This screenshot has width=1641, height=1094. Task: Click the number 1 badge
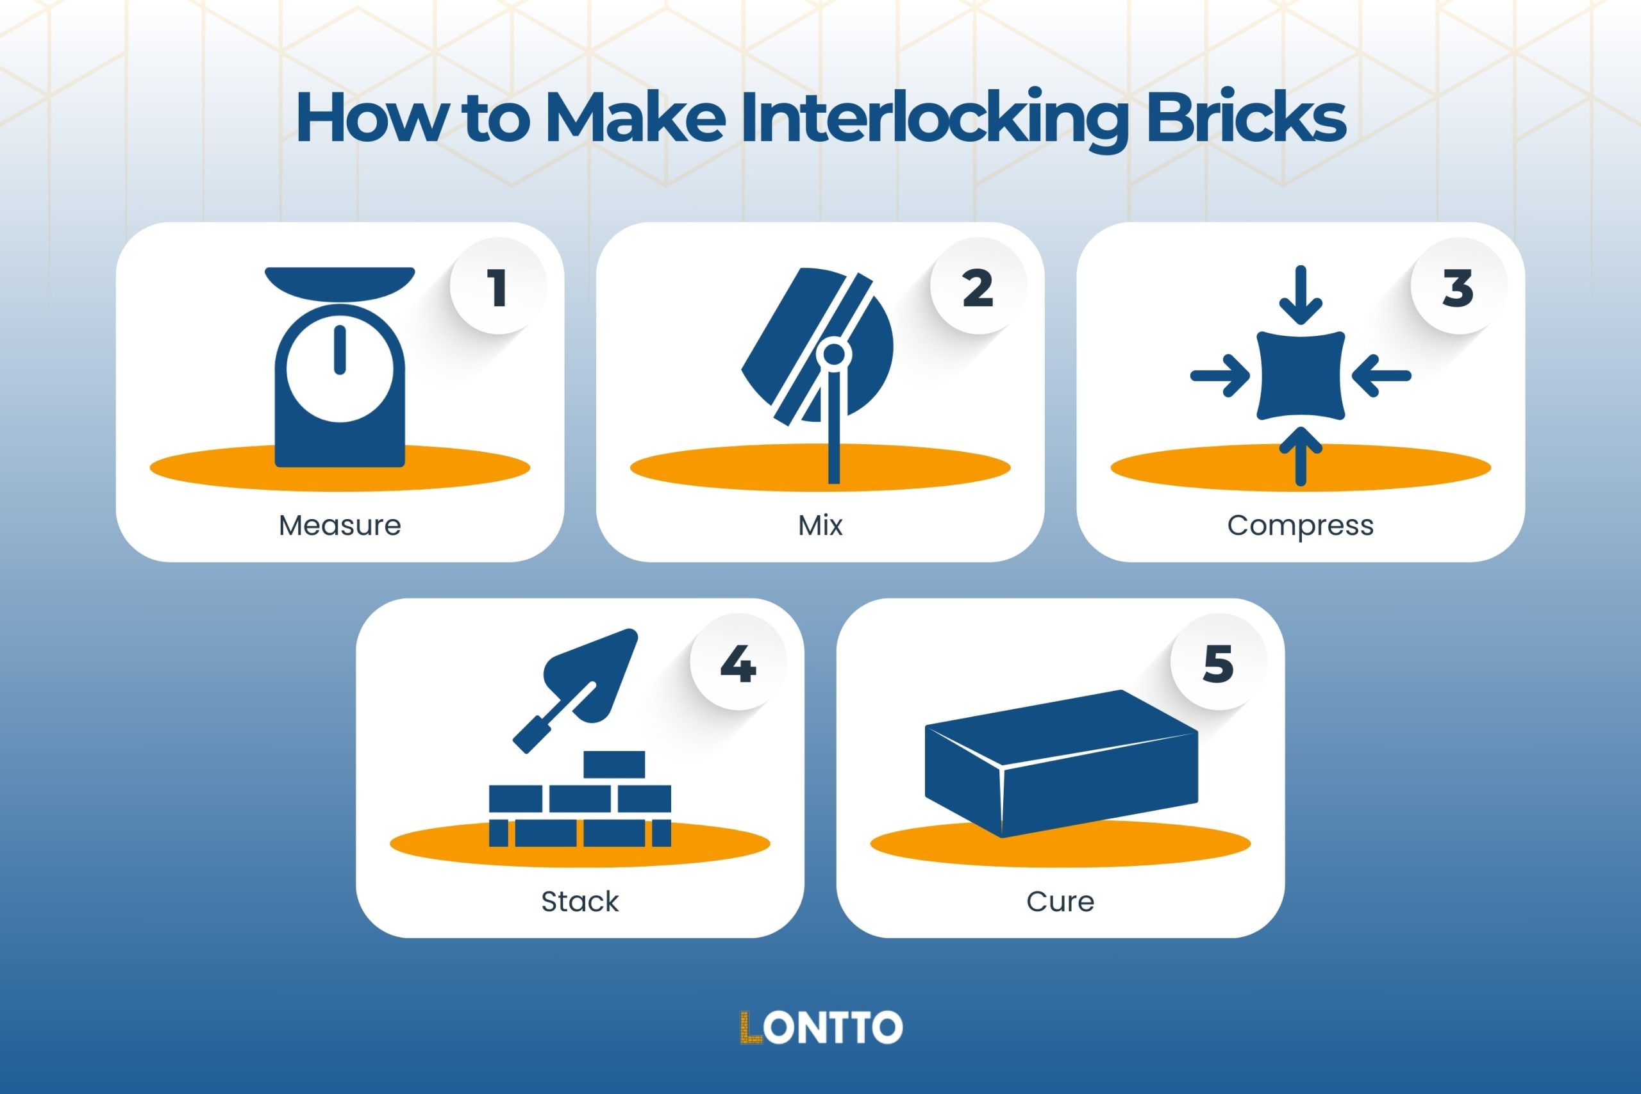point(497,286)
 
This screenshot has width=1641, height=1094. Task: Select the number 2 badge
point(978,286)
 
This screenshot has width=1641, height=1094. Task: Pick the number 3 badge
point(1458,286)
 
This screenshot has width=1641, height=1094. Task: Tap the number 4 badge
point(738,663)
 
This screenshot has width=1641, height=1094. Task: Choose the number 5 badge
point(1218,663)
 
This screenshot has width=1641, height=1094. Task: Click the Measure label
point(340,526)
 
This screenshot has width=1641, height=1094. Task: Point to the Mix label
point(820,526)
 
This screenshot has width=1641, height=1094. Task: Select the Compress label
point(1300,526)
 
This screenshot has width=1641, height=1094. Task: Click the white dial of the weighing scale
point(340,377)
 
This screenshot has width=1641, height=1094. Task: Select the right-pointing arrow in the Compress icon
point(1221,376)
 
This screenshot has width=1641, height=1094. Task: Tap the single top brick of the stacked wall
point(614,765)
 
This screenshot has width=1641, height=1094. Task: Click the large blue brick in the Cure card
point(1060,768)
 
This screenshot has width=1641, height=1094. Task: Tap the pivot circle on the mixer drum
point(834,354)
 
